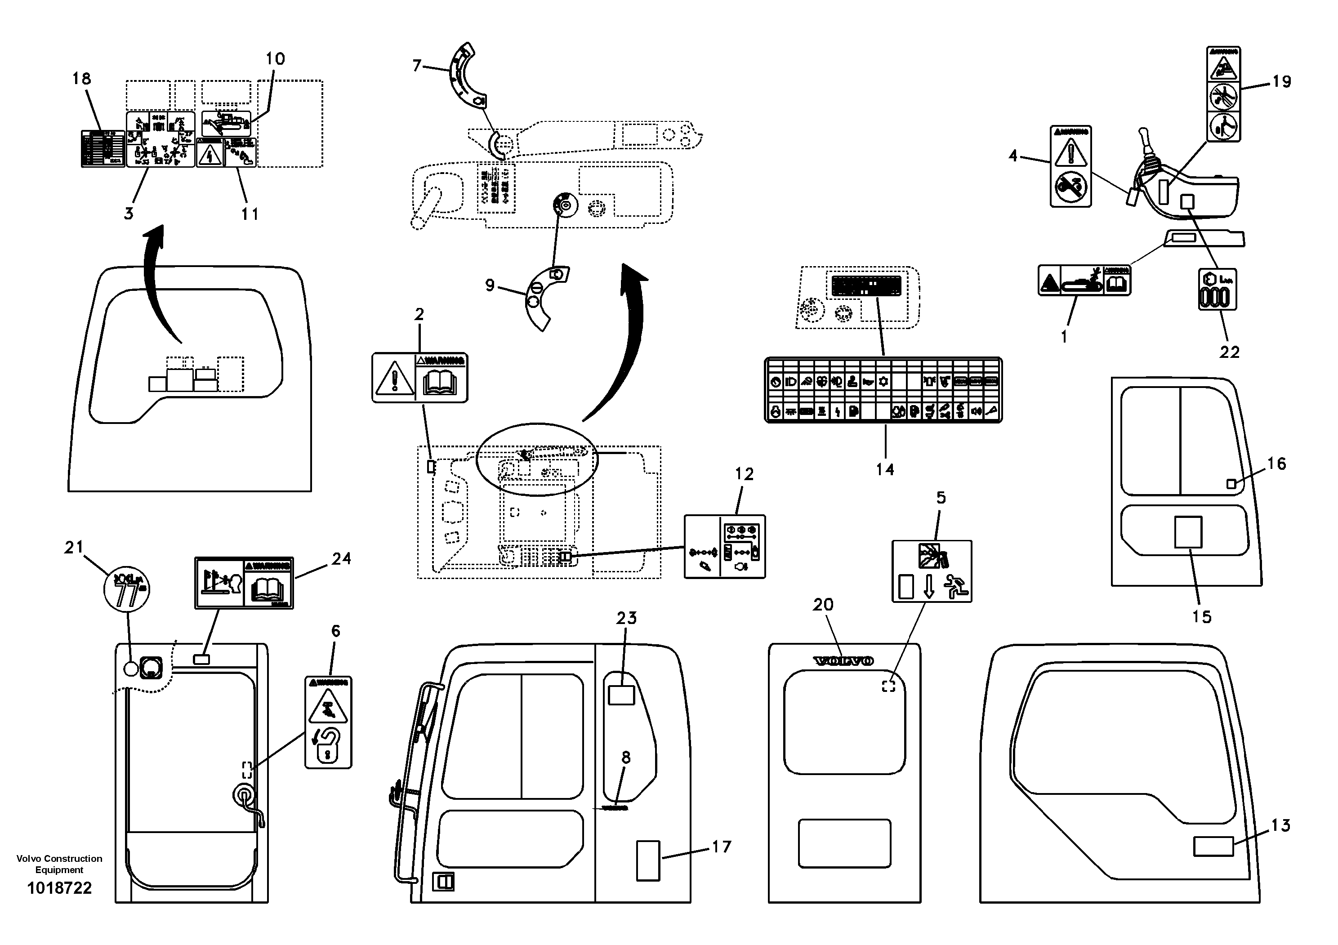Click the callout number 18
[x=81, y=79]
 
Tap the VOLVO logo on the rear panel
[x=843, y=661]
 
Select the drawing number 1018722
[x=59, y=888]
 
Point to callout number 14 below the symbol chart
[x=885, y=469]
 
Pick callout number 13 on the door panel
[x=1280, y=825]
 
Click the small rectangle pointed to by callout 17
[x=648, y=860]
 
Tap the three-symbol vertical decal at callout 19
[x=1223, y=94]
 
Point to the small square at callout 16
[x=1231, y=484]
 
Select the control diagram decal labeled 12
[x=724, y=547]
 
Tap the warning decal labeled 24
[x=244, y=583]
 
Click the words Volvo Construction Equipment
[x=59, y=864]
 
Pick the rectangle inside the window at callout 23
[x=621, y=695]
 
